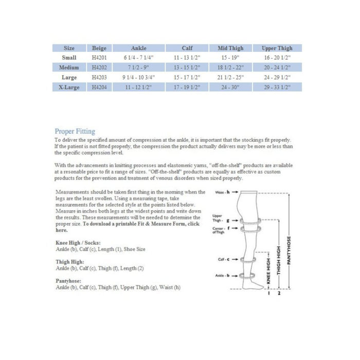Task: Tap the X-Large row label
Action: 68,87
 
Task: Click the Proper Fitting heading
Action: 75,132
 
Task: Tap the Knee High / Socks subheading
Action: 78,242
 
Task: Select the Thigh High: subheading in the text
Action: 69,262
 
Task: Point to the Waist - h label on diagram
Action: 224,192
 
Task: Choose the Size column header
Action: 68,48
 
